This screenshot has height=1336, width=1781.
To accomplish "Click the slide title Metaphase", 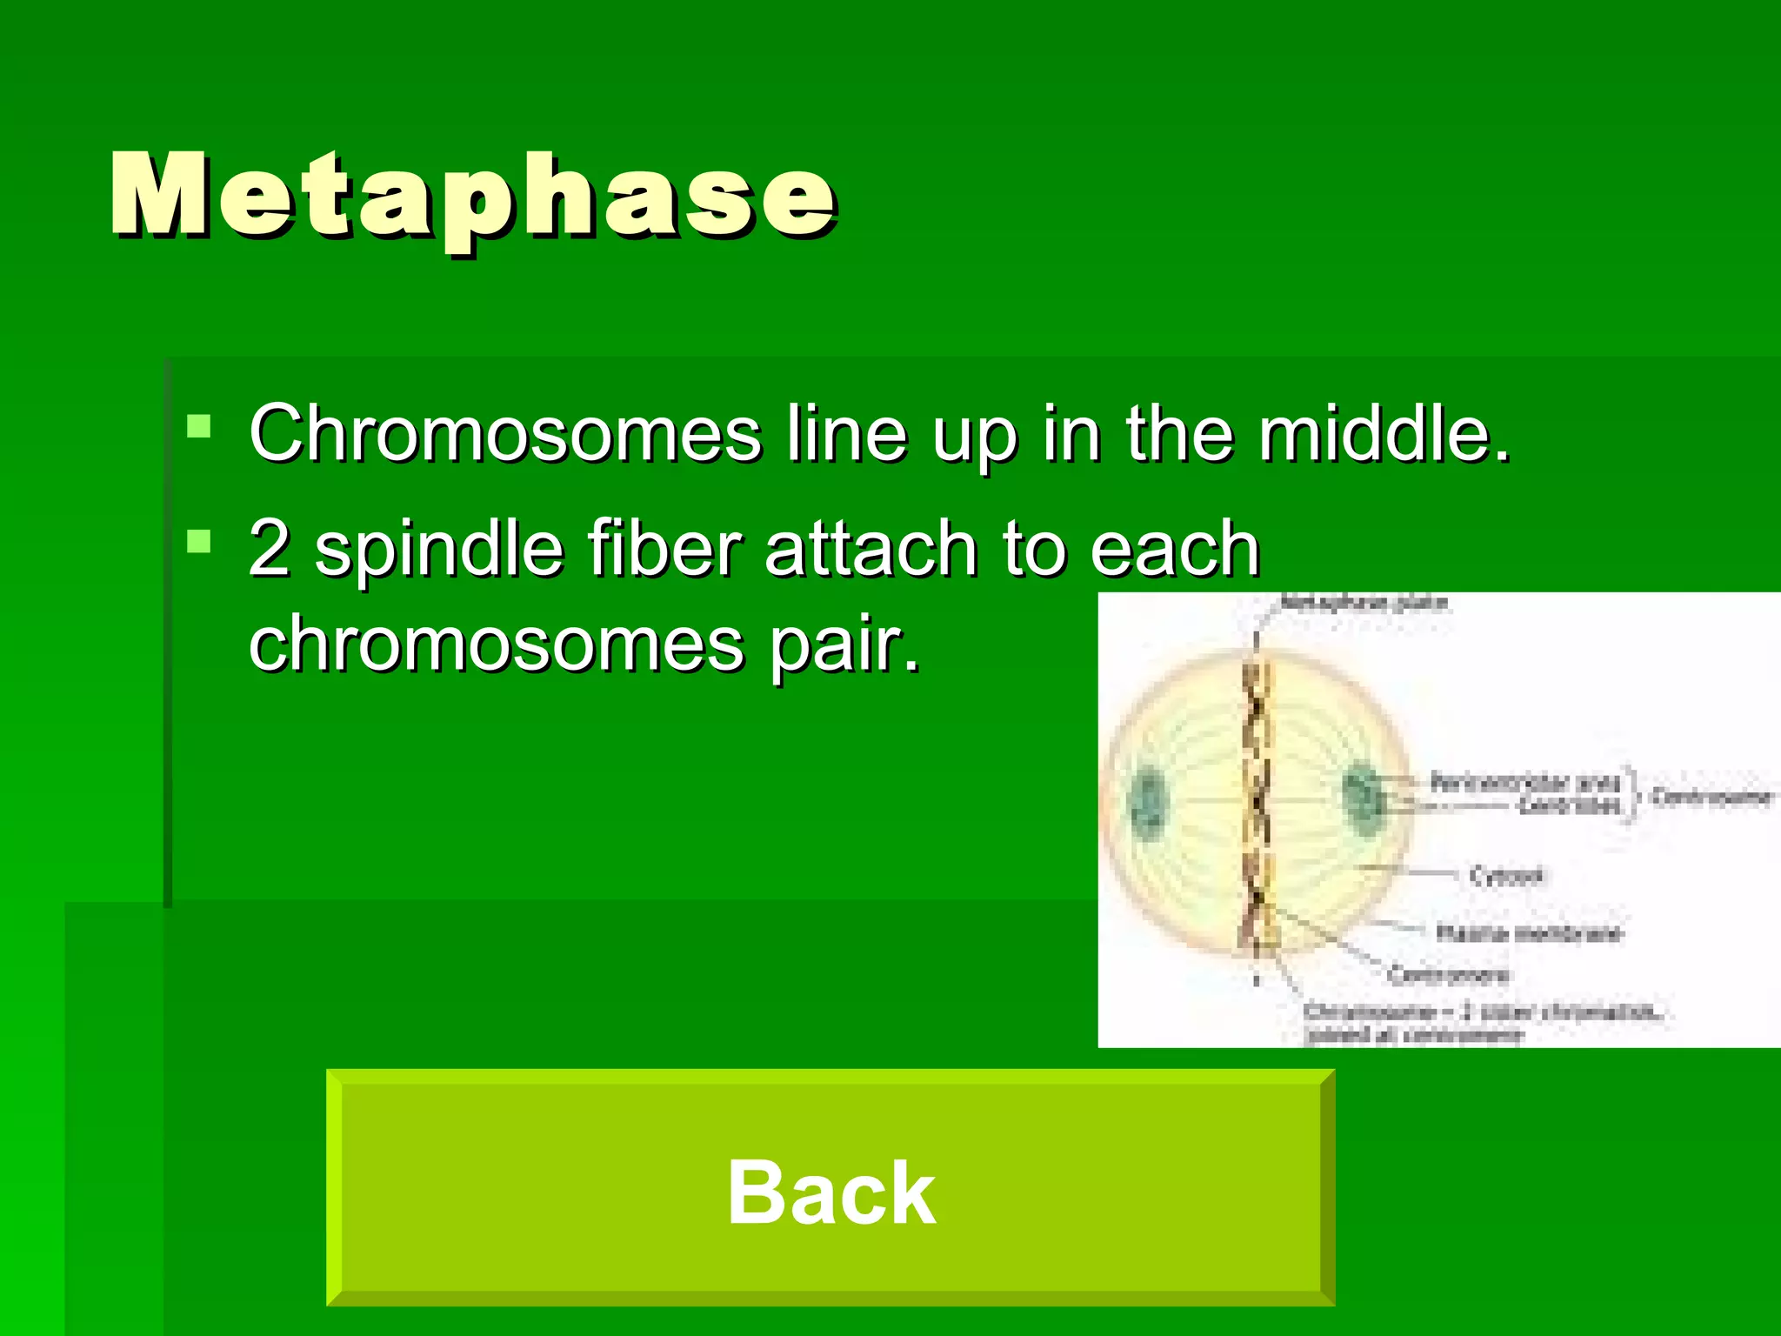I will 474,196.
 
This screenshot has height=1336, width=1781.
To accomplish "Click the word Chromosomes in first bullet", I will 505,434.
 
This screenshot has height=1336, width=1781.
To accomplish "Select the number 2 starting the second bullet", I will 269,548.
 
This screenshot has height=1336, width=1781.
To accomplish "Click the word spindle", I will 439,550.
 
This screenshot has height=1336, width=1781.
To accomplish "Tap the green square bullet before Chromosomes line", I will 199,426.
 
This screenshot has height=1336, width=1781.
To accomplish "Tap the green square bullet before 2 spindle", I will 199,542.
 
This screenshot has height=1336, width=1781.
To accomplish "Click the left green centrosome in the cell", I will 1148,801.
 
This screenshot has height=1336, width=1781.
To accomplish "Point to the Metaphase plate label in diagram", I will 1365,603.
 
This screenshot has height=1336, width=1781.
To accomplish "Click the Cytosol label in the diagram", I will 1506,875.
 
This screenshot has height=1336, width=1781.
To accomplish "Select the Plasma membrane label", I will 1528,933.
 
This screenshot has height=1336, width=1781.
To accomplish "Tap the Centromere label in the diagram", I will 1448,974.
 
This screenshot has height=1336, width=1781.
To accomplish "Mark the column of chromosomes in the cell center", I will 1257,805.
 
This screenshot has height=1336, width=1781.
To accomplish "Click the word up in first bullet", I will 974,434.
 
